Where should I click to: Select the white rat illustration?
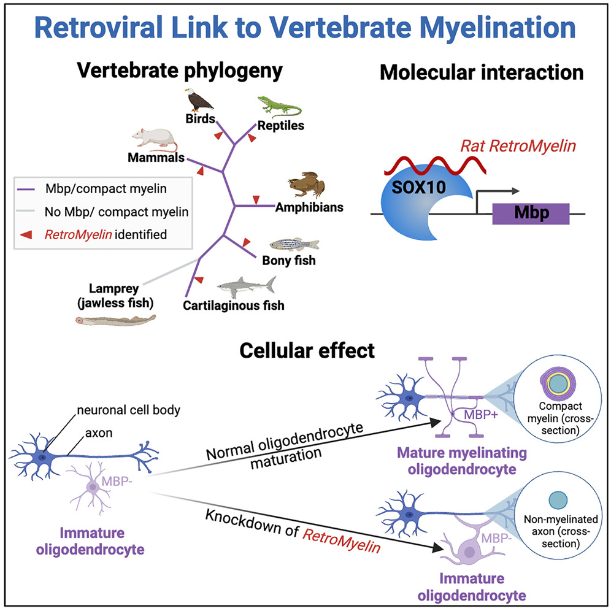pos(154,139)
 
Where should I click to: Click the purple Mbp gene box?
pos(531,214)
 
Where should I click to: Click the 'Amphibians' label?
pos(309,207)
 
